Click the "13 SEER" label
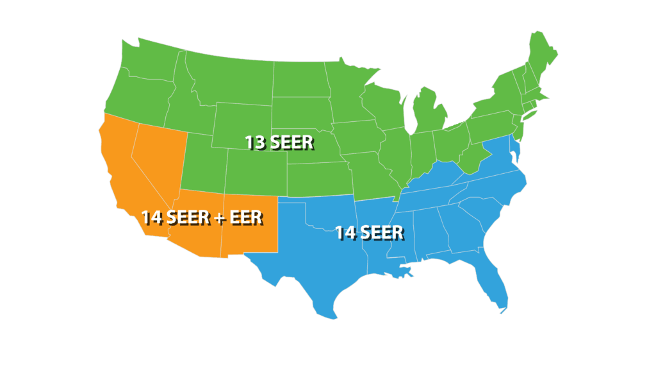279,142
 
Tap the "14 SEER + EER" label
202,217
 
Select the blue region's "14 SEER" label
369,232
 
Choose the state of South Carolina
490,212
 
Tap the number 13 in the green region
256,142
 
